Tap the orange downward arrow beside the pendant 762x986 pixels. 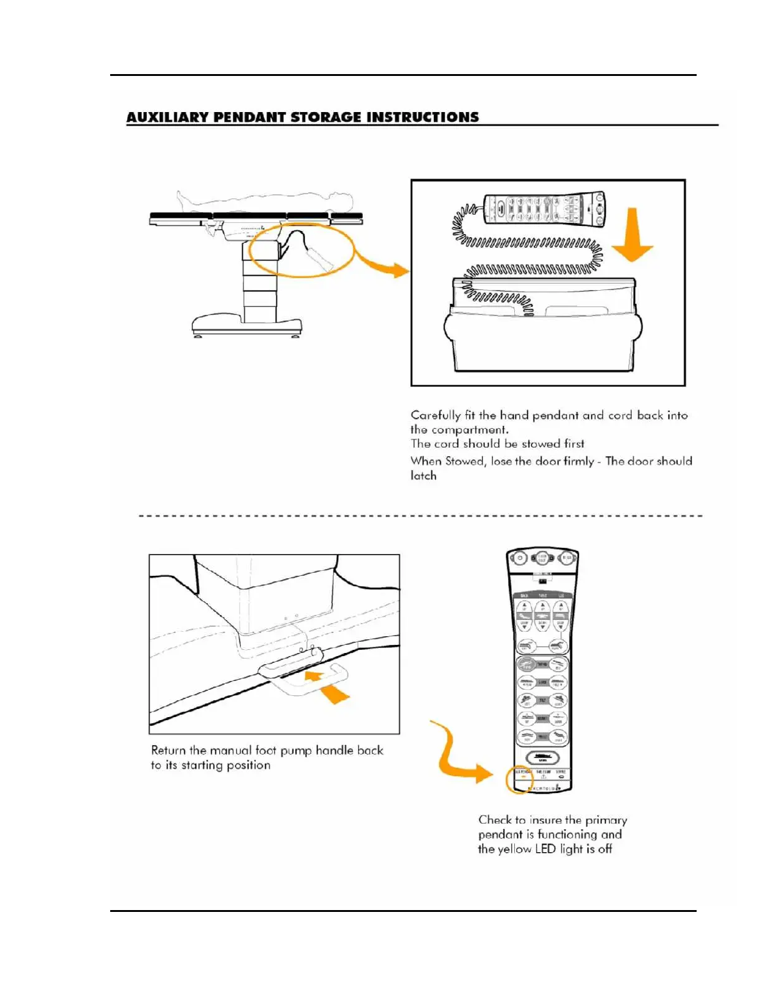pyautogui.click(x=632, y=236)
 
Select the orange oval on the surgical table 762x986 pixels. pyautogui.click(x=301, y=250)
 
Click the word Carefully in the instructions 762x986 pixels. pyautogui.click(x=436, y=415)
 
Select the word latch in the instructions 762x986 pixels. pyautogui.click(x=423, y=476)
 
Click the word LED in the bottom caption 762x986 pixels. pyautogui.click(x=545, y=849)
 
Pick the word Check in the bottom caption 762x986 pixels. pyautogui.click(x=494, y=820)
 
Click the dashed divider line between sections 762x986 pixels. pyautogui.click(x=420, y=516)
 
